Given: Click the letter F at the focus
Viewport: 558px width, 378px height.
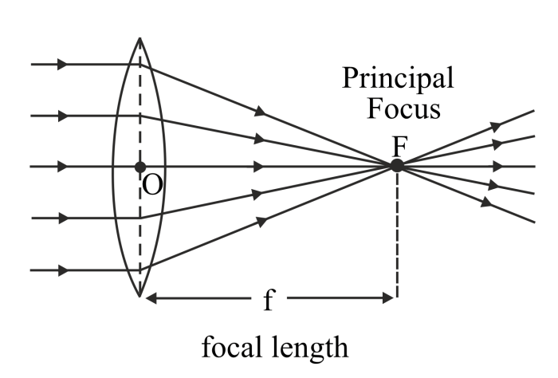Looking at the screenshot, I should click(401, 145).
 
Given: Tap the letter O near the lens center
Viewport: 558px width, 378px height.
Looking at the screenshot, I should click(154, 185).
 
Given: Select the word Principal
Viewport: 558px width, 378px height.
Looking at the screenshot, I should click(399, 78).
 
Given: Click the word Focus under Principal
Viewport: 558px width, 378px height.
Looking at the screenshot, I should click(403, 108).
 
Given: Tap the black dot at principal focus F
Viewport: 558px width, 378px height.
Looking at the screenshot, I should click(396, 166).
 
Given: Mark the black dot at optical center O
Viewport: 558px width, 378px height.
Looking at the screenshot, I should click(140, 167).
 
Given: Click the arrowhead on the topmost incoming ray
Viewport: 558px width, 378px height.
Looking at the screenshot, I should click(63, 65).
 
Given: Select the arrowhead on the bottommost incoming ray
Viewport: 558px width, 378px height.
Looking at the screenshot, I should click(63, 270).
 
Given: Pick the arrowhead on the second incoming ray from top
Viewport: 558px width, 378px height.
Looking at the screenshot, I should click(63, 116).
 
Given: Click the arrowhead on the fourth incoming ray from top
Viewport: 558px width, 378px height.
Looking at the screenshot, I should click(63, 217).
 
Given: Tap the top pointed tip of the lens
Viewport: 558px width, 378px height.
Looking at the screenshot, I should click(140, 37).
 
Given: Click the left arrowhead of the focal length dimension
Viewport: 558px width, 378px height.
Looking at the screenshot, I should click(151, 299).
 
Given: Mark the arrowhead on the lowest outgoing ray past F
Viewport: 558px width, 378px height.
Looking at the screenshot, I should click(485, 203).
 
